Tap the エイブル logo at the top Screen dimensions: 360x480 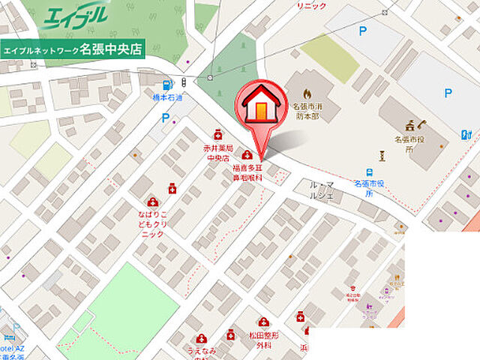pos(76,15)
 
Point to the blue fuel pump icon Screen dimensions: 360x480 pos(166,84)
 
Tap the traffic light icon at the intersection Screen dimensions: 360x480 pos(184,82)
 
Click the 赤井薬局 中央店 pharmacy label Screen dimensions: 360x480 pos(217,154)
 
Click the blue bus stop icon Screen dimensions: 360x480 pos(370,172)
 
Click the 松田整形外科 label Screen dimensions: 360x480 pos(264,340)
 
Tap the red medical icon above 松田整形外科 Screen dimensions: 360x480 pos(263,322)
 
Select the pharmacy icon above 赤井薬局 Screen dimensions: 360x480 pos(218,134)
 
